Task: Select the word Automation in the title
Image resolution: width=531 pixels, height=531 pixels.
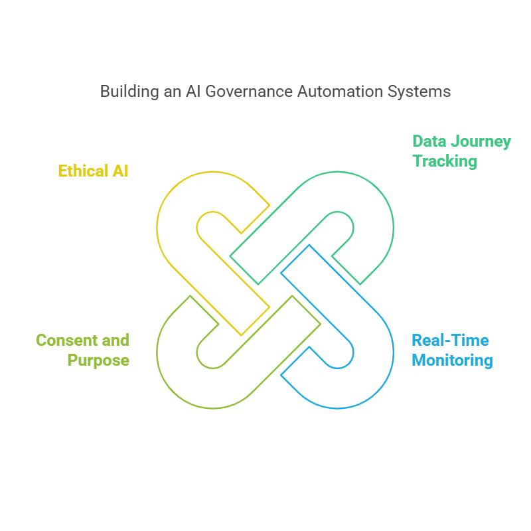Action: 337,92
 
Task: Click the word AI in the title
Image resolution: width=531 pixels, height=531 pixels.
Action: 192,92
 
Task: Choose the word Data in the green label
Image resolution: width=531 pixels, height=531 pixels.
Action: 430,141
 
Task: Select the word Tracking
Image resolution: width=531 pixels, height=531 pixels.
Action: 445,161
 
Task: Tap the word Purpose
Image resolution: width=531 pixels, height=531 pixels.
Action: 98,361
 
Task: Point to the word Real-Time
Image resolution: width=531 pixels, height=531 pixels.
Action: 450,341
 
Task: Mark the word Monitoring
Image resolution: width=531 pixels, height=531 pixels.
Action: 452,361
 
